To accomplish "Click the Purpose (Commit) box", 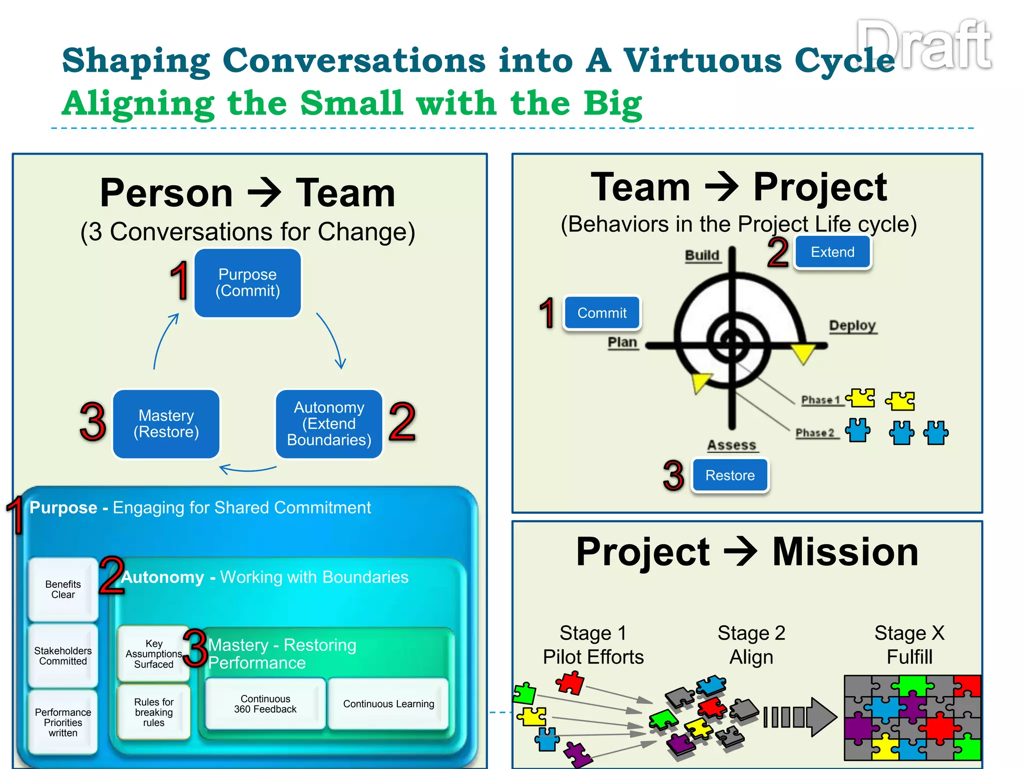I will [x=247, y=283].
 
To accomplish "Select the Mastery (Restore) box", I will [x=166, y=424].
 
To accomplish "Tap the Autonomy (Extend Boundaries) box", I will [x=329, y=424].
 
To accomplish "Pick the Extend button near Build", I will [x=832, y=252].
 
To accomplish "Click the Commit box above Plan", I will [x=602, y=313].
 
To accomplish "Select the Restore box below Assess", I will [x=730, y=475].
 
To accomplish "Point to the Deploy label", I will [x=852, y=325].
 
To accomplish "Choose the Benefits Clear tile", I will [x=63, y=589].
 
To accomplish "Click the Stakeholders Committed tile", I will [x=63, y=656].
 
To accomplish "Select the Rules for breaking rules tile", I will [x=154, y=712].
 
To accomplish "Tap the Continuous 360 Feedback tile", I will [x=265, y=704].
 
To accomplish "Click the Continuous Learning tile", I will [x=388, y=704].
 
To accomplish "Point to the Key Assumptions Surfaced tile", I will [x=154, y=654].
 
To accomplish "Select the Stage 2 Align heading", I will [x=751, y=645].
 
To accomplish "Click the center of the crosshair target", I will [x=732, y=344].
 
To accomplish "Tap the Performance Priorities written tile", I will [x=63, y=722].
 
